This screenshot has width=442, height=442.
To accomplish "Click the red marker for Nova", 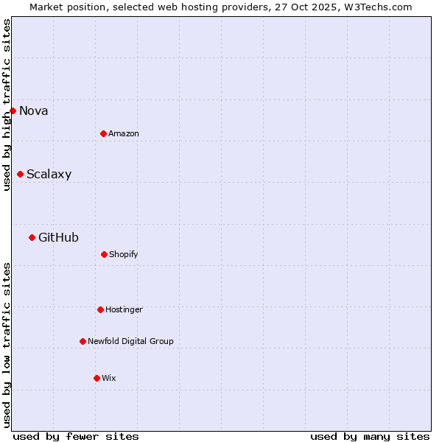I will (x=13, y=110).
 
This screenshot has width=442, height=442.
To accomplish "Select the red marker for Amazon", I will (x=103, y=133).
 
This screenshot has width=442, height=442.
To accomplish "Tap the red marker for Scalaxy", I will (x=20, y=174).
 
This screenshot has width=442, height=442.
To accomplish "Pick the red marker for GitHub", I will (x=32, y=237).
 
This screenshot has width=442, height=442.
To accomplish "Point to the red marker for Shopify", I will (x=104, y=254).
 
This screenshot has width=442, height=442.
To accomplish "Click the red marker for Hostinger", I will (x=100, y=309).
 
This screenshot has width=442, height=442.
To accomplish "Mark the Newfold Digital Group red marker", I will (x=83, y=341).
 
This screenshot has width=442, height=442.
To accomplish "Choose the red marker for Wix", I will (x=97, y=378).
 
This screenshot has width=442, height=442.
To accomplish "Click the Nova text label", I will (x=34, y=110).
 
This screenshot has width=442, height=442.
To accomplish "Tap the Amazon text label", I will (x=124, y=133).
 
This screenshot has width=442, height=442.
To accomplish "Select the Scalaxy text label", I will (x=49, y=175).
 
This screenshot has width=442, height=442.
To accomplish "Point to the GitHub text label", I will (x=58, y=237).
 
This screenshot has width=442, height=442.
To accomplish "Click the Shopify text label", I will (x=124, y=254).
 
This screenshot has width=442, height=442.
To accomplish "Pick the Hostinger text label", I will (x=124, y=309).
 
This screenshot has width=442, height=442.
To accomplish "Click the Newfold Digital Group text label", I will (x=130, y=341).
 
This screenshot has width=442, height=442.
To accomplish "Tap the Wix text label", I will (x=109, y=378).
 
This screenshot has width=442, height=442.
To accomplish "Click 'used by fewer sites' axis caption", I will (x=76, y=436).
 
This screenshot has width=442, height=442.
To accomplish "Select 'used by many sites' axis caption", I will (x=370, y=436).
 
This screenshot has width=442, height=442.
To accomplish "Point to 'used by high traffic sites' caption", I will (x=7, y=105).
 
